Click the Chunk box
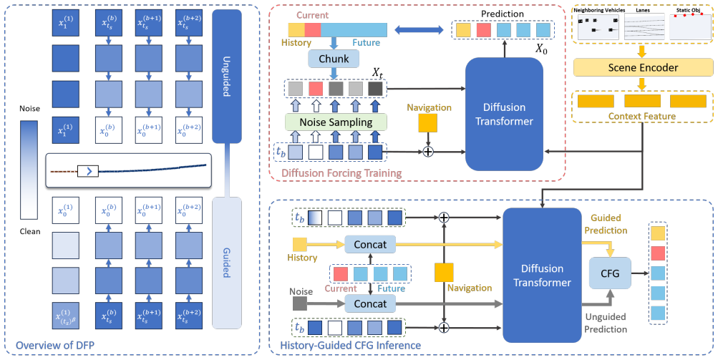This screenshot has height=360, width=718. (334, 59)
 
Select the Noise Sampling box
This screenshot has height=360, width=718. (336, 122)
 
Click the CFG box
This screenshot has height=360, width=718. (610, 273)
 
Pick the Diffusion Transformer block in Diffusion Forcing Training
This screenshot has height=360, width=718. (504, 115)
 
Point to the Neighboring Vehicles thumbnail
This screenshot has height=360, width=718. (598, 26)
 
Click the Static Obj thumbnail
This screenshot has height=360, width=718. (690, 26)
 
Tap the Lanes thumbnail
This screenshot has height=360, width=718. (644, 26)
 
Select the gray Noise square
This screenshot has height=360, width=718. (299, 303)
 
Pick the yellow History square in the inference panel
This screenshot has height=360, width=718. (299, 245)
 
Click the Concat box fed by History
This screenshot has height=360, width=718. (370, 245)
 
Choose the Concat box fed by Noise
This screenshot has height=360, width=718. (370, 303)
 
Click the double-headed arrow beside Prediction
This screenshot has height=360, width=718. (419, 30)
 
